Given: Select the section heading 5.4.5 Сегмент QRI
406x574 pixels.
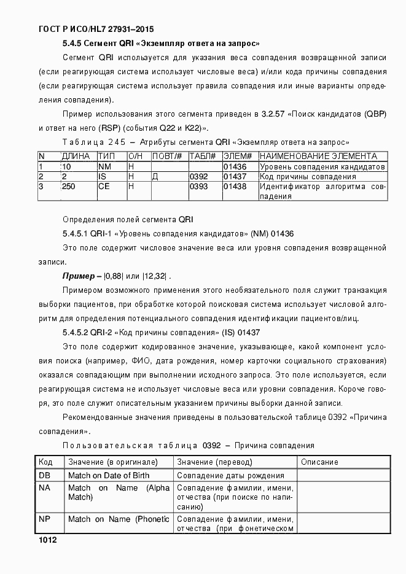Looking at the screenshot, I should click(x=161, y=44).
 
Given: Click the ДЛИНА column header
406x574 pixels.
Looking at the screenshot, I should click(x=76, y=157).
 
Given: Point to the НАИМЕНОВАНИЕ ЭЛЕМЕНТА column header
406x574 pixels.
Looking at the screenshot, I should click(x=318, y=157).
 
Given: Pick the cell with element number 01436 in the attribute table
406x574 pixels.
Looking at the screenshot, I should click(x=234, y=166).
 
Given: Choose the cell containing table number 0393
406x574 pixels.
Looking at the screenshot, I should click(x=197, y=187).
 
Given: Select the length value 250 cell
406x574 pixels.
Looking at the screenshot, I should click(x=69, y=187).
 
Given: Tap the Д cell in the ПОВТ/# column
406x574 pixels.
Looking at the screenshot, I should click(x=155, y=177).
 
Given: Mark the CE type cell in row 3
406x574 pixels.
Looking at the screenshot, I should click(x=104, y=187).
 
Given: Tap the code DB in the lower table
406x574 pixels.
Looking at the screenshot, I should click(x=44, y=475).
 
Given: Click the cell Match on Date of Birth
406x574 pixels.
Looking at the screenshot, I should click(x=109, y=475).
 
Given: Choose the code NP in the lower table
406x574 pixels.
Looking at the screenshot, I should click(x=44, y=519).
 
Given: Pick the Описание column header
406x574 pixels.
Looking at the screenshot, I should click(x=319, y=462).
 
